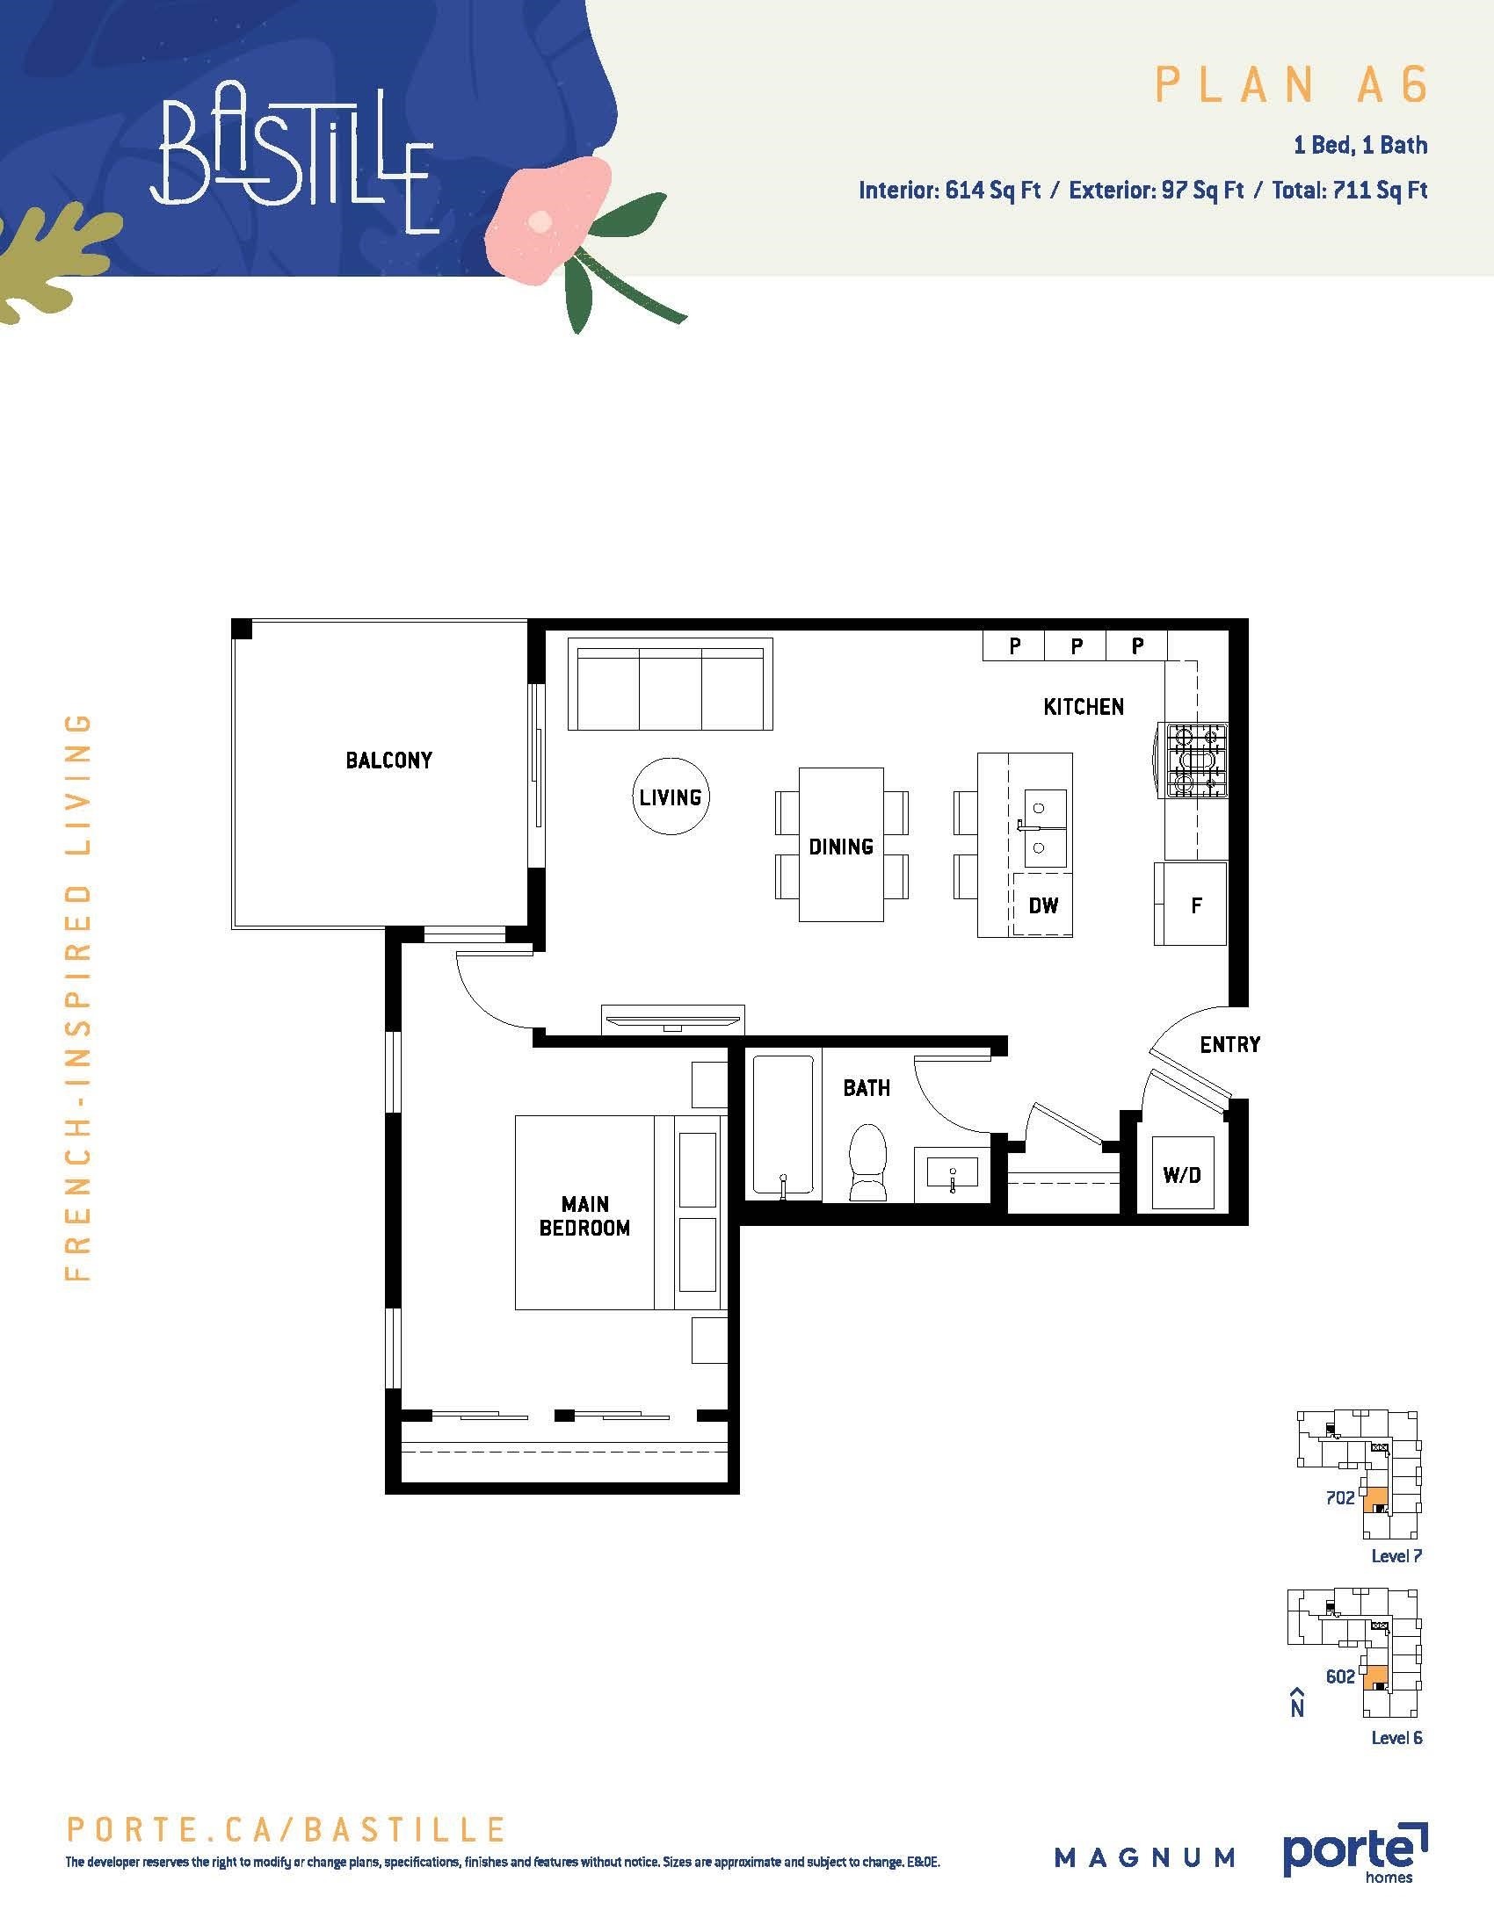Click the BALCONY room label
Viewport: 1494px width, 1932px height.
click(x=388, y=760)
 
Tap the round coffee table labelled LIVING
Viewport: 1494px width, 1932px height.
click(x=671, y=797)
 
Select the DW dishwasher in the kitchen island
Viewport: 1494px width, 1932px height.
click(x=1042, y=904)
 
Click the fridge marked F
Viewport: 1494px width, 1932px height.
click(x=1191, y=904)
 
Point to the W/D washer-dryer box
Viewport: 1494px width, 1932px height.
click(x=1182, y=1174)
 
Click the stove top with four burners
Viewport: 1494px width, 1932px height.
click(x=1197, y=761)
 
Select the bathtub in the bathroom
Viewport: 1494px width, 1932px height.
click(x=783, y=1127)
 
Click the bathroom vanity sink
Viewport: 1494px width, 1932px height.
click(x=953, y=1173)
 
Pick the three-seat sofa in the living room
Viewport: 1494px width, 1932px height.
click(x=670, y=684)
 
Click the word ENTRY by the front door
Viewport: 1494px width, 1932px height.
click(x=1229, y=1045)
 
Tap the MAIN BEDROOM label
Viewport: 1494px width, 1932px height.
click(x=585, y=1215)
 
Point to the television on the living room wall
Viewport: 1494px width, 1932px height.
click(x=672, y=1020)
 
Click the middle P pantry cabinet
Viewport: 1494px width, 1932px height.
click(x=1076, y=645)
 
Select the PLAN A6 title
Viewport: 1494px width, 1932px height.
click(x=1292, y=85)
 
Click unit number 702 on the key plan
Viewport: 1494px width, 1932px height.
click(x=1340, y=1497)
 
